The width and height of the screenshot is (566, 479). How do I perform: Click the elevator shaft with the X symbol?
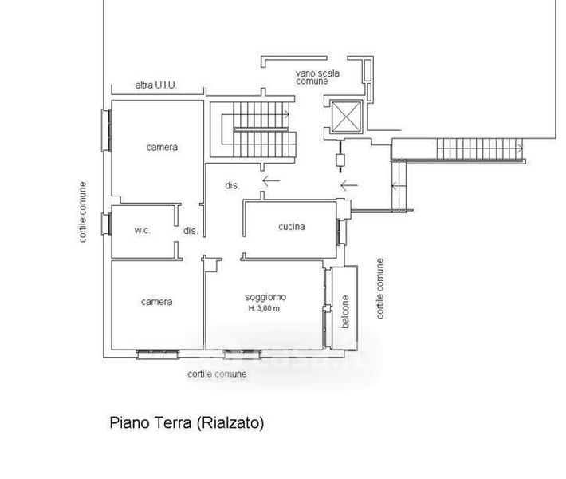(x=346, y=117)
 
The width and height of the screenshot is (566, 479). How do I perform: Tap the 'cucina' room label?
(x=292, y=227)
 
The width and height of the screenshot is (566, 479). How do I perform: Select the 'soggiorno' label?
(x=265, y=297)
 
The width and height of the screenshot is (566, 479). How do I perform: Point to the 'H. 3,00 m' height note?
(x=264, y=308)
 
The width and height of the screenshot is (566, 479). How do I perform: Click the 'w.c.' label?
(x=142, y=230)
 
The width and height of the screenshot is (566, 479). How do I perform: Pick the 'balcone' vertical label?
(x=345, y=311)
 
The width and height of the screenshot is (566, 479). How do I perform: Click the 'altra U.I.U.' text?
(x=156, y=85)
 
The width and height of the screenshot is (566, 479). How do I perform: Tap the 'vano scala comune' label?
(x=317, y=77)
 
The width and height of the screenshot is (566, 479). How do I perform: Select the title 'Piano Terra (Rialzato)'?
(x=187, y=422)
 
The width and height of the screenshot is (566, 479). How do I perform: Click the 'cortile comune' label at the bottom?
(x=217, y=374)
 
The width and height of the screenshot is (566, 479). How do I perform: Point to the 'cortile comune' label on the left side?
(x=83, y=212)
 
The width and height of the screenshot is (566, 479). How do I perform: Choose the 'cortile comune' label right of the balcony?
(x=379, y=288)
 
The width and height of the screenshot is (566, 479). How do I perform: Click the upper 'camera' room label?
(x=162, y=147)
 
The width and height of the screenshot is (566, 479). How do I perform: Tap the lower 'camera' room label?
(x=157, y=302)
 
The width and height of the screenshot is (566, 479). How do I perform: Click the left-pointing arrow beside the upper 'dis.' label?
(x=271, y=180)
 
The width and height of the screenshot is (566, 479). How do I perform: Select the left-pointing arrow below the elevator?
(x=349, y=185)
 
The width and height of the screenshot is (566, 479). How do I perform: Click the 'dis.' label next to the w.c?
(x=191, y=231)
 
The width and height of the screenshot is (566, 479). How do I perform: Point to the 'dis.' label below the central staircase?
(x=232, y=185)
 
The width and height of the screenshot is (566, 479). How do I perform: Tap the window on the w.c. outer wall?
(x=106, y=224)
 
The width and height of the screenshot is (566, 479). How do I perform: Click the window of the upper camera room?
(x=106, y=130)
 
